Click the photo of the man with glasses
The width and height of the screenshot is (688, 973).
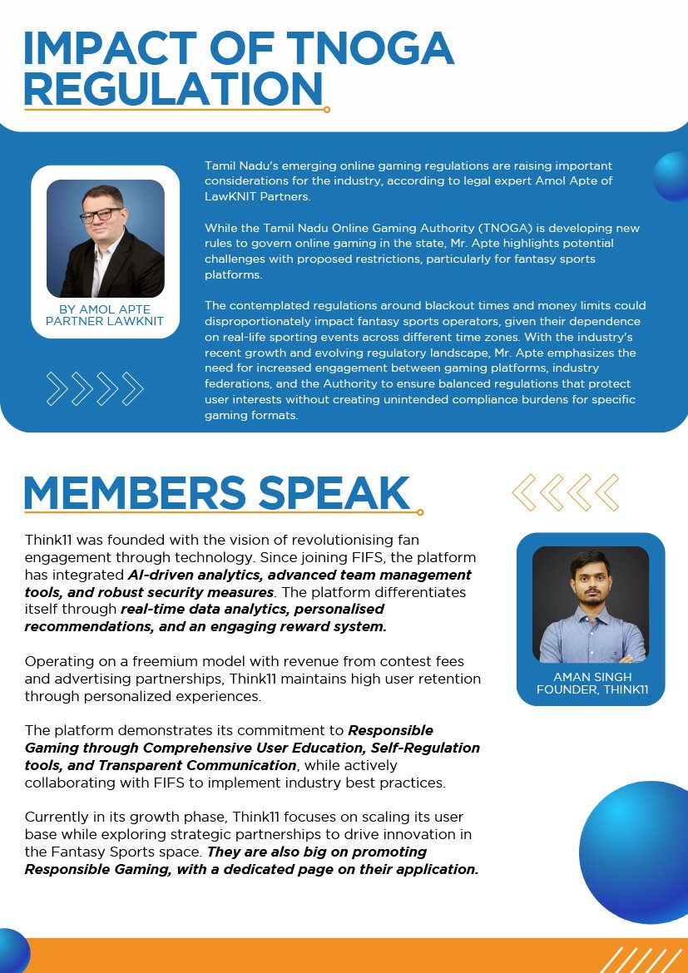pyautogui.click(x=106, y=239)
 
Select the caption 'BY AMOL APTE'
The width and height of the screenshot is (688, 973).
pyautogui.click(x=105, y=309)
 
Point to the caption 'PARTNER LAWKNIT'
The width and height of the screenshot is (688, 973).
pyautogui.click(x=105, y=322)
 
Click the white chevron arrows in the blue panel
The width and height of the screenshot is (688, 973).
pyautogui.click(x=95, y=388)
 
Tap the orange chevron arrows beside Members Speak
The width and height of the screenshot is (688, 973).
pyautogui.click(x=566, y=492)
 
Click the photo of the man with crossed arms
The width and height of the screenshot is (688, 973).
pyautogui.click(x=591, y=605)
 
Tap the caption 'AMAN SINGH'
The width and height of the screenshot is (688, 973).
pyautogui.click(x=591, y=677)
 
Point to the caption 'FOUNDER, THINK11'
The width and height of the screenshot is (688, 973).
pyautogui.click(x=591, y=689)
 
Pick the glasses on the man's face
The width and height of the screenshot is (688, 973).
pyautogui.click(x=101, y=214)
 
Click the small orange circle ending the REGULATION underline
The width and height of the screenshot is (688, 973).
pyautogui.click(x=327, y=109)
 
